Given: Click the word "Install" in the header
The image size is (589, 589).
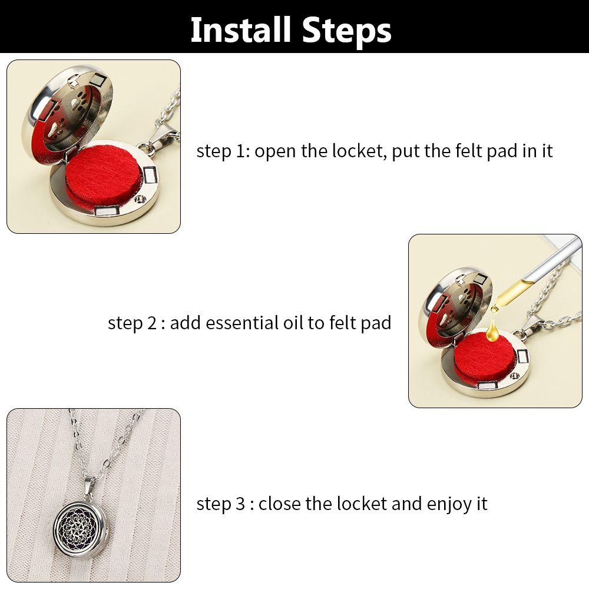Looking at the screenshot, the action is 241,30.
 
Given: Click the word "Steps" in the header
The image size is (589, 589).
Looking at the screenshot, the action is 347,31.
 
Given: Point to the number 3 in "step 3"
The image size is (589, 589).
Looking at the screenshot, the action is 240,504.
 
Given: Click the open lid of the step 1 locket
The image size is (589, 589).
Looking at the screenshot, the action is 67,110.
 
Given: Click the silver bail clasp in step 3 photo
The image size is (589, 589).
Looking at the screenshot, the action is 89,487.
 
